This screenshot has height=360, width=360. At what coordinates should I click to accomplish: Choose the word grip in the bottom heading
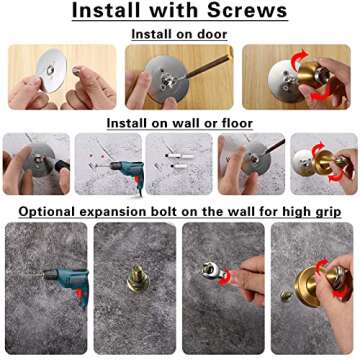323,211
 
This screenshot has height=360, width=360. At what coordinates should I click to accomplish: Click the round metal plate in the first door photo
50,72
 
